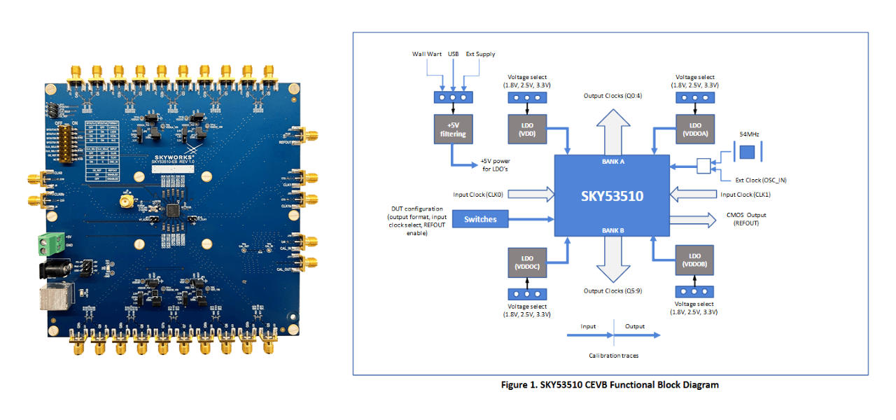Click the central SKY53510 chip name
point(612,196)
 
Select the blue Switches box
point(479,219)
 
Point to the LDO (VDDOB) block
point(694,259)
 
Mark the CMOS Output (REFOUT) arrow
point(693,219)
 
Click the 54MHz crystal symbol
point(748,152)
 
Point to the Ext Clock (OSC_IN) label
point(759,179)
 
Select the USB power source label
point(453,54)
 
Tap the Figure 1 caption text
point(610,385)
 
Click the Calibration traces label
point(613,356)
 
